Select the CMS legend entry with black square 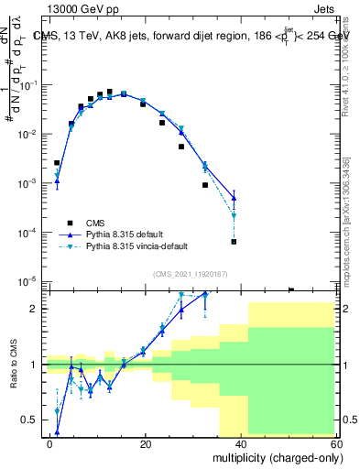pos(95,223)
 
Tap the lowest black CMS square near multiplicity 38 pos(234,242)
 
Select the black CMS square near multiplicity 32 pos(205,185)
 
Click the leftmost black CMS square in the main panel pos(57,163)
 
